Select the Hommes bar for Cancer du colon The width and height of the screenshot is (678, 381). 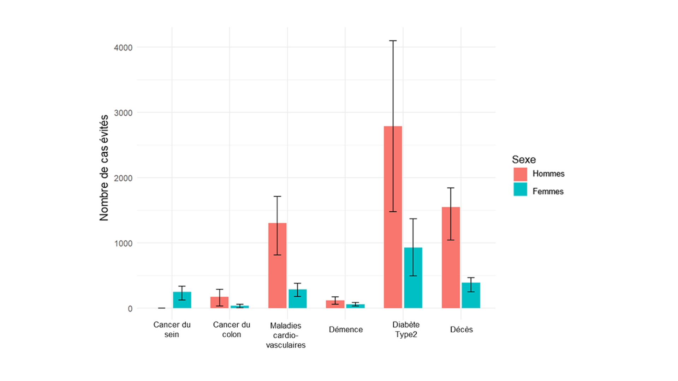coord(219,302)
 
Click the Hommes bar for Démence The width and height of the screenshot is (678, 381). coord(335,304)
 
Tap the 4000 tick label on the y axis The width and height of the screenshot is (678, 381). coord(123,48)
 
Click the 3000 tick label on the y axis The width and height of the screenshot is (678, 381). coord(123,113)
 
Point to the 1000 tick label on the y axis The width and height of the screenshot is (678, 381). coord(123,243)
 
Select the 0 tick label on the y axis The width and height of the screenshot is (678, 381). coord(130,309)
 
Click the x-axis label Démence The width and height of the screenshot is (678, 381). coord(346,329)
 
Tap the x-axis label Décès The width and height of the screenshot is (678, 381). coord(461,329)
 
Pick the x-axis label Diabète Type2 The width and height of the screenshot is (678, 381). coord(406,329)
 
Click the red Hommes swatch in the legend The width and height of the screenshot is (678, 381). coord(520,174)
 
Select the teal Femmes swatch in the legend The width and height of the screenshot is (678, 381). coord(520,189)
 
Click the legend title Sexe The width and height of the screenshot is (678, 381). coord(524,159)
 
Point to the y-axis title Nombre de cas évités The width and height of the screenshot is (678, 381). coord(104,168)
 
